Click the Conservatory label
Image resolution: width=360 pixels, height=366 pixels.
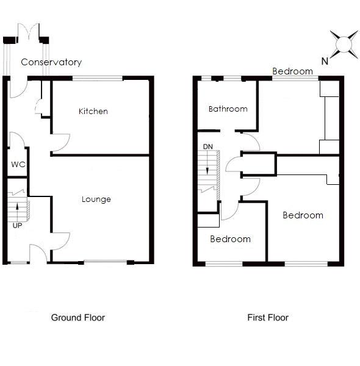pos(51,62)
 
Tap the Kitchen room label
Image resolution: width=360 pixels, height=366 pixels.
pos(93,111)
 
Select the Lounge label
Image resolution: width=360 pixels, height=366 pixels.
pos(96,199)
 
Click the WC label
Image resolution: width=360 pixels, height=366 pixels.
pos(17,164)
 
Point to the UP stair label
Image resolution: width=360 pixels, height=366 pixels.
pos(16,225)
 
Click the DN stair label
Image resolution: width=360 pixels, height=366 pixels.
pos(208,147)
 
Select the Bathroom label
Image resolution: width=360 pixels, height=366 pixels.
pos(228,109)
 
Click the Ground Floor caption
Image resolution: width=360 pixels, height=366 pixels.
pos(77,317)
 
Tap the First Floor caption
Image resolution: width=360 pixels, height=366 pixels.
pos(267,317)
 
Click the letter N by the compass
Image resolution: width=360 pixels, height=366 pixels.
pos(325,60)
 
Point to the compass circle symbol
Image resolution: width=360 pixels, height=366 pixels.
pos(343,44)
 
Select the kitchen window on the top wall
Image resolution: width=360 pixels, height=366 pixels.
pos(98,77)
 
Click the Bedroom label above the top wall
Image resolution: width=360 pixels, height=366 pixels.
pos(292,71)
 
